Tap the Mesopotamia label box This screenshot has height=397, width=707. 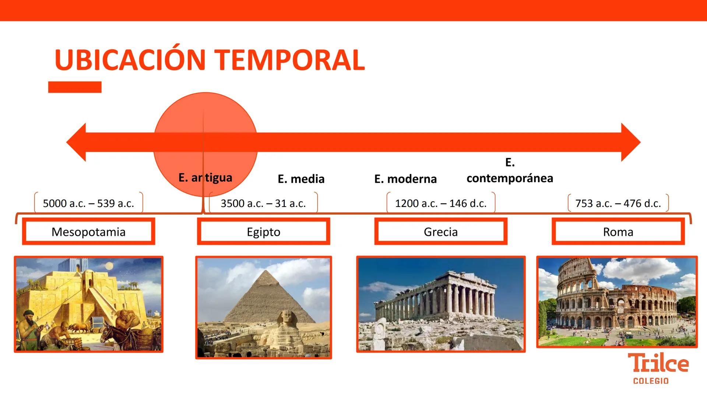[88, 232]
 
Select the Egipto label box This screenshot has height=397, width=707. [263, 232]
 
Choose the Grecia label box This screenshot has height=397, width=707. [440, 232]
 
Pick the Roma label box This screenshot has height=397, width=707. [618, 232]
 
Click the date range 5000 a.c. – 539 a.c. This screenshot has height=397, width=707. [88, 203]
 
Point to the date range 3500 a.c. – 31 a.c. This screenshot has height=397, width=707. [263, 203]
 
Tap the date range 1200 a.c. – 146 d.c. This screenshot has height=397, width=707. [440, 203]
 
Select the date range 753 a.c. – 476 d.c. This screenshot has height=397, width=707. [618, 203]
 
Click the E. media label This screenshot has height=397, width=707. [301, 179]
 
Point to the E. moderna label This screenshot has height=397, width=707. [405, 179]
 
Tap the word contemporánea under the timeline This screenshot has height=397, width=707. [510, 178]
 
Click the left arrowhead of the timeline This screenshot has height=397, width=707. [77, 142]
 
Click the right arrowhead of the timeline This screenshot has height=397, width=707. [630, 142]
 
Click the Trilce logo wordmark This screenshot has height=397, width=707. [658, 363]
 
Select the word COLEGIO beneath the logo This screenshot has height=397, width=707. [651, 381]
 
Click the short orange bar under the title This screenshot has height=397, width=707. [75, 87]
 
